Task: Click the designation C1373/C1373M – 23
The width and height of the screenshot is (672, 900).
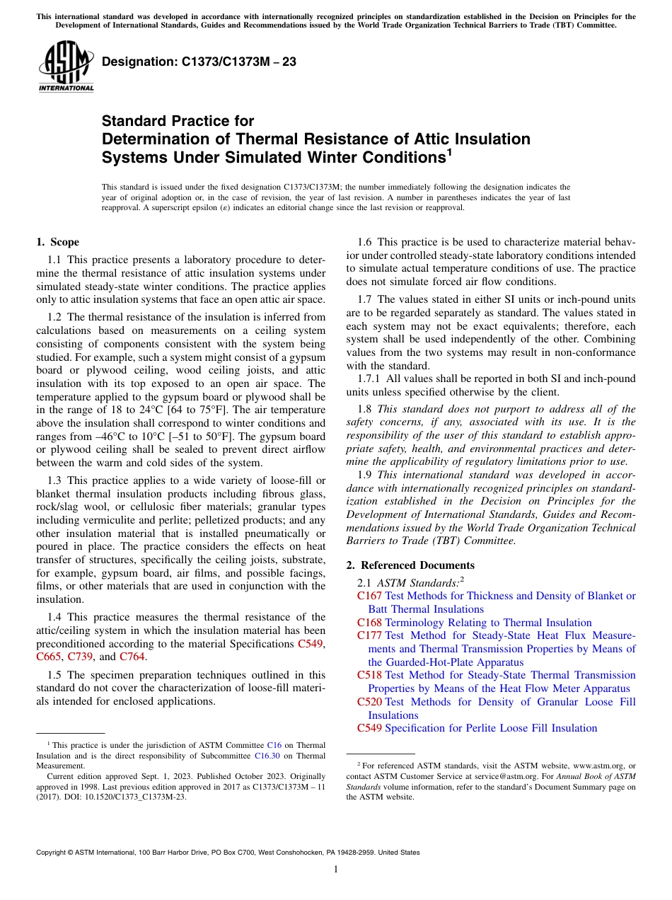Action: point(199,62)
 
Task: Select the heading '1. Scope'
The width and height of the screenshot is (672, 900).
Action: point(57,242)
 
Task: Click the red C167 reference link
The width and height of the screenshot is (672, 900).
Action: point(369,596)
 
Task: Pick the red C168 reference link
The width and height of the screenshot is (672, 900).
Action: point(369,623)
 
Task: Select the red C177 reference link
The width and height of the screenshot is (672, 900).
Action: point(369,635)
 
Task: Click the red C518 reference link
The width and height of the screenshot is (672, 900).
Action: point(369,675)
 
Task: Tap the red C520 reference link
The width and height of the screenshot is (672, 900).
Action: point(369,702)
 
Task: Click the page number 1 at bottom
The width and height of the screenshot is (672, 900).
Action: point(336,870)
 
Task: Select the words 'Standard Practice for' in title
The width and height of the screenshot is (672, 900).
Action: point(178,121)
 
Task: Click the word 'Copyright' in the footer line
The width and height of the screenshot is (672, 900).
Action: point(53,853)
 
